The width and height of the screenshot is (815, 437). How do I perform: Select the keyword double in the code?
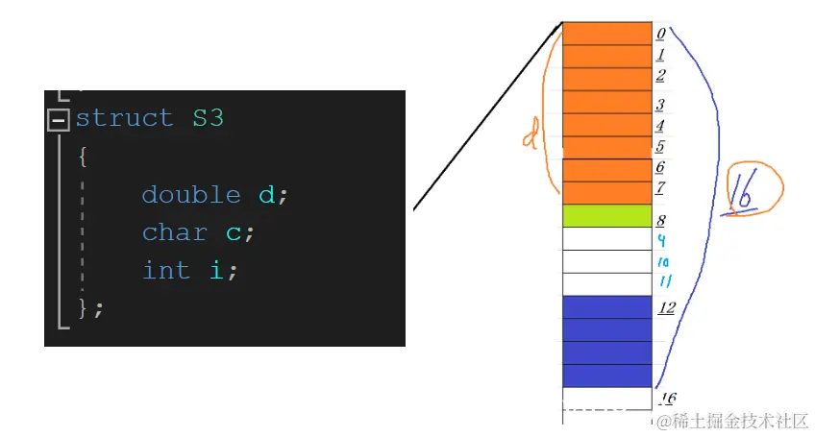click(x=190, y=195)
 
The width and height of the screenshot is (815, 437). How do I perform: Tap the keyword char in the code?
click(x=174, y=232)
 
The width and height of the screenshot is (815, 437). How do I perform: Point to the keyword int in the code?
click(x=165, y=271)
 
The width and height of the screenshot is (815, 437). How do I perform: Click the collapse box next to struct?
click(x=59, y=119)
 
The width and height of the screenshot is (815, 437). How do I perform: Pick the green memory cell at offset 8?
click(x=606, y=216)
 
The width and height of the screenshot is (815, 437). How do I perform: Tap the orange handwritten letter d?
click(x=530, y=139)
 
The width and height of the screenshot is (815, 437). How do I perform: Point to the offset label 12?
click(x=666, y=308)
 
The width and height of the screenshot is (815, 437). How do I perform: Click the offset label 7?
click(x=661, y=188)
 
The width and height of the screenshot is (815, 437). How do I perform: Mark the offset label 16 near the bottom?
click(x=666, y=399)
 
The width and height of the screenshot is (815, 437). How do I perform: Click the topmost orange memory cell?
click(x=606, y=34)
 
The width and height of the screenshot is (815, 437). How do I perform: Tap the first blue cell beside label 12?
click(x=606, y=307)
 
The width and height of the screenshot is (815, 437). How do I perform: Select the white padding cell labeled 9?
click(x=606, y=239)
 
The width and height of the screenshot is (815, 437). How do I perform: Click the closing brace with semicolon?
click(x=90, y=307)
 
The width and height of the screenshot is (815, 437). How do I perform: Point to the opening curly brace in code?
click(x=83, y=156)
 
